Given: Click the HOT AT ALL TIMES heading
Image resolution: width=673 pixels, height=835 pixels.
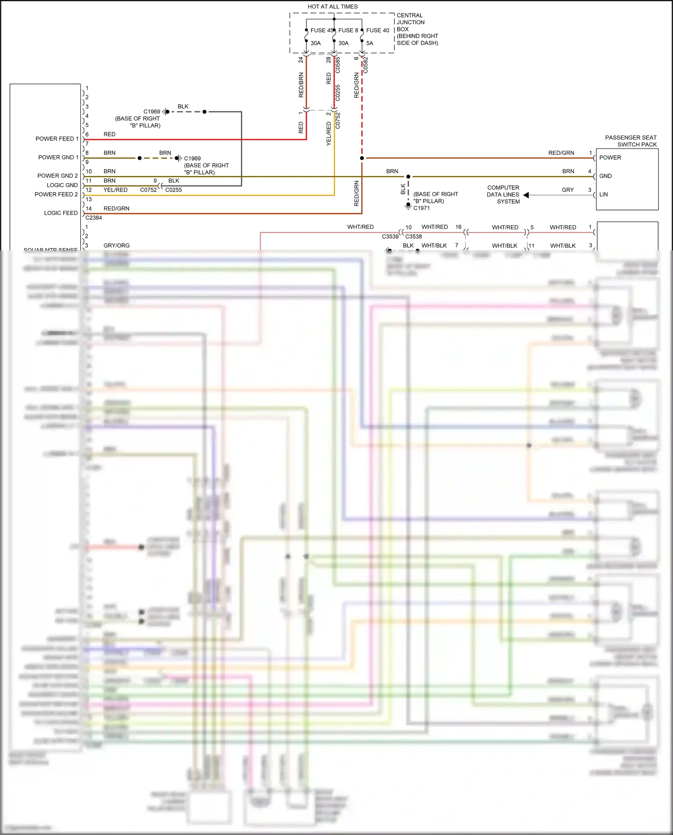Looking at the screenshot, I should pos(332,7).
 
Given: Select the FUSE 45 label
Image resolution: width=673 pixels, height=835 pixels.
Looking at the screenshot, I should pos(322,31).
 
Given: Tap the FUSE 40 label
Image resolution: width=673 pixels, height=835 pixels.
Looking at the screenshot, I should pos(377,31).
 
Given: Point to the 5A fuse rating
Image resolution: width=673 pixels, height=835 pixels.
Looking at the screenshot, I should pos(370,44).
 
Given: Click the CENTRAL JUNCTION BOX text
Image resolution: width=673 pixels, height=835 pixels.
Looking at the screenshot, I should pos(417,29).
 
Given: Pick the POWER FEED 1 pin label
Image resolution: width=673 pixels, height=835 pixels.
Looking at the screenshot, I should pos(57,139).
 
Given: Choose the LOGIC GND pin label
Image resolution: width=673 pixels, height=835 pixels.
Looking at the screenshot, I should pos(62,185).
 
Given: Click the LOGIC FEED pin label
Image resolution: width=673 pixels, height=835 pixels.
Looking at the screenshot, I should pos(61,213).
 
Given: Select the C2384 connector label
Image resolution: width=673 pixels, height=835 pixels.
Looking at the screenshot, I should pos(94,218).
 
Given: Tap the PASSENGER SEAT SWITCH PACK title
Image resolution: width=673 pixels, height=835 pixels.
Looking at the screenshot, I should pos(631,141).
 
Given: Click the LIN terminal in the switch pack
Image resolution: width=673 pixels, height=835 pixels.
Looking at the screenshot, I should pos(603,195).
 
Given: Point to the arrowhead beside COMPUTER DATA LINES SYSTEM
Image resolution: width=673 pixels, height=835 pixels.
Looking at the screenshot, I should pos(526,195).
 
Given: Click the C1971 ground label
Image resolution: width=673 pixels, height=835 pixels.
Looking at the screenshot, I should pos(422,208).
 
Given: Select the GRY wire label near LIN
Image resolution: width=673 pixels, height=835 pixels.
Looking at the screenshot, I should pos(568,190).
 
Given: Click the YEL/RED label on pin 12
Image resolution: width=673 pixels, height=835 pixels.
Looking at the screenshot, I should pos(116,190).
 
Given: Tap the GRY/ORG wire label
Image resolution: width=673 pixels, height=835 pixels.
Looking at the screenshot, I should pos(117,246).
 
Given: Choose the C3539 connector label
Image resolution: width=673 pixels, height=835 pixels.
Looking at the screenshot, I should pos(390,237).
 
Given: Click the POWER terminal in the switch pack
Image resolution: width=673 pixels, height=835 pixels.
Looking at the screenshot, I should pos(610,158).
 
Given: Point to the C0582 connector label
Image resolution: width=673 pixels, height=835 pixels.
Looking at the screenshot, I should pos(366,65).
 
